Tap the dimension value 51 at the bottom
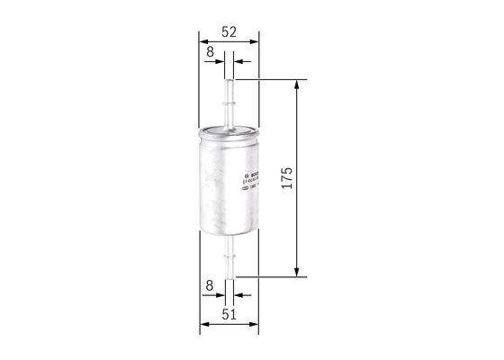pos(229,314)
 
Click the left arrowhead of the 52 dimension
pos(202,40)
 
